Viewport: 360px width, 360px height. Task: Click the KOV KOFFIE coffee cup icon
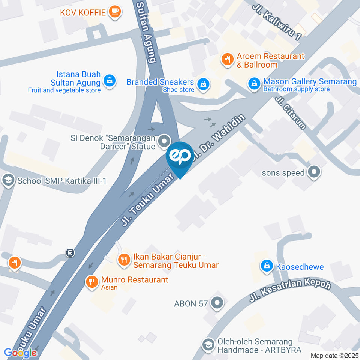(x=114, y=12)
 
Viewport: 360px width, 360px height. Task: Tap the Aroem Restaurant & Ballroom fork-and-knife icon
(x=227, y=59)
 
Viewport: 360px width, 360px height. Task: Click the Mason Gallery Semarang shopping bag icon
(x=254, y=84)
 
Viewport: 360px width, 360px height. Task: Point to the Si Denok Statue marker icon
(x=163, y=142)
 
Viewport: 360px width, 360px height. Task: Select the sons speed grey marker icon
(x=314, y=172)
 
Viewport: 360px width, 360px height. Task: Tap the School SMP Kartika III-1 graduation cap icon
(x=7, y=181)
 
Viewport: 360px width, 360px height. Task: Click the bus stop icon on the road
(x=70, y=252)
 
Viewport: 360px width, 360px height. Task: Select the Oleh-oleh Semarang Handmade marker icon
(x=207, y=344)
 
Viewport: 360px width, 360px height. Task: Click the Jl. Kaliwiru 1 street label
(x=277, y=22)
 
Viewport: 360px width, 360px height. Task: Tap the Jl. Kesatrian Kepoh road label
(x=291, y=291)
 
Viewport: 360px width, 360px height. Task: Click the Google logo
(x=20, y=352)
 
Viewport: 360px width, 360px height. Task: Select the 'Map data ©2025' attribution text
(x=334, y=355)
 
